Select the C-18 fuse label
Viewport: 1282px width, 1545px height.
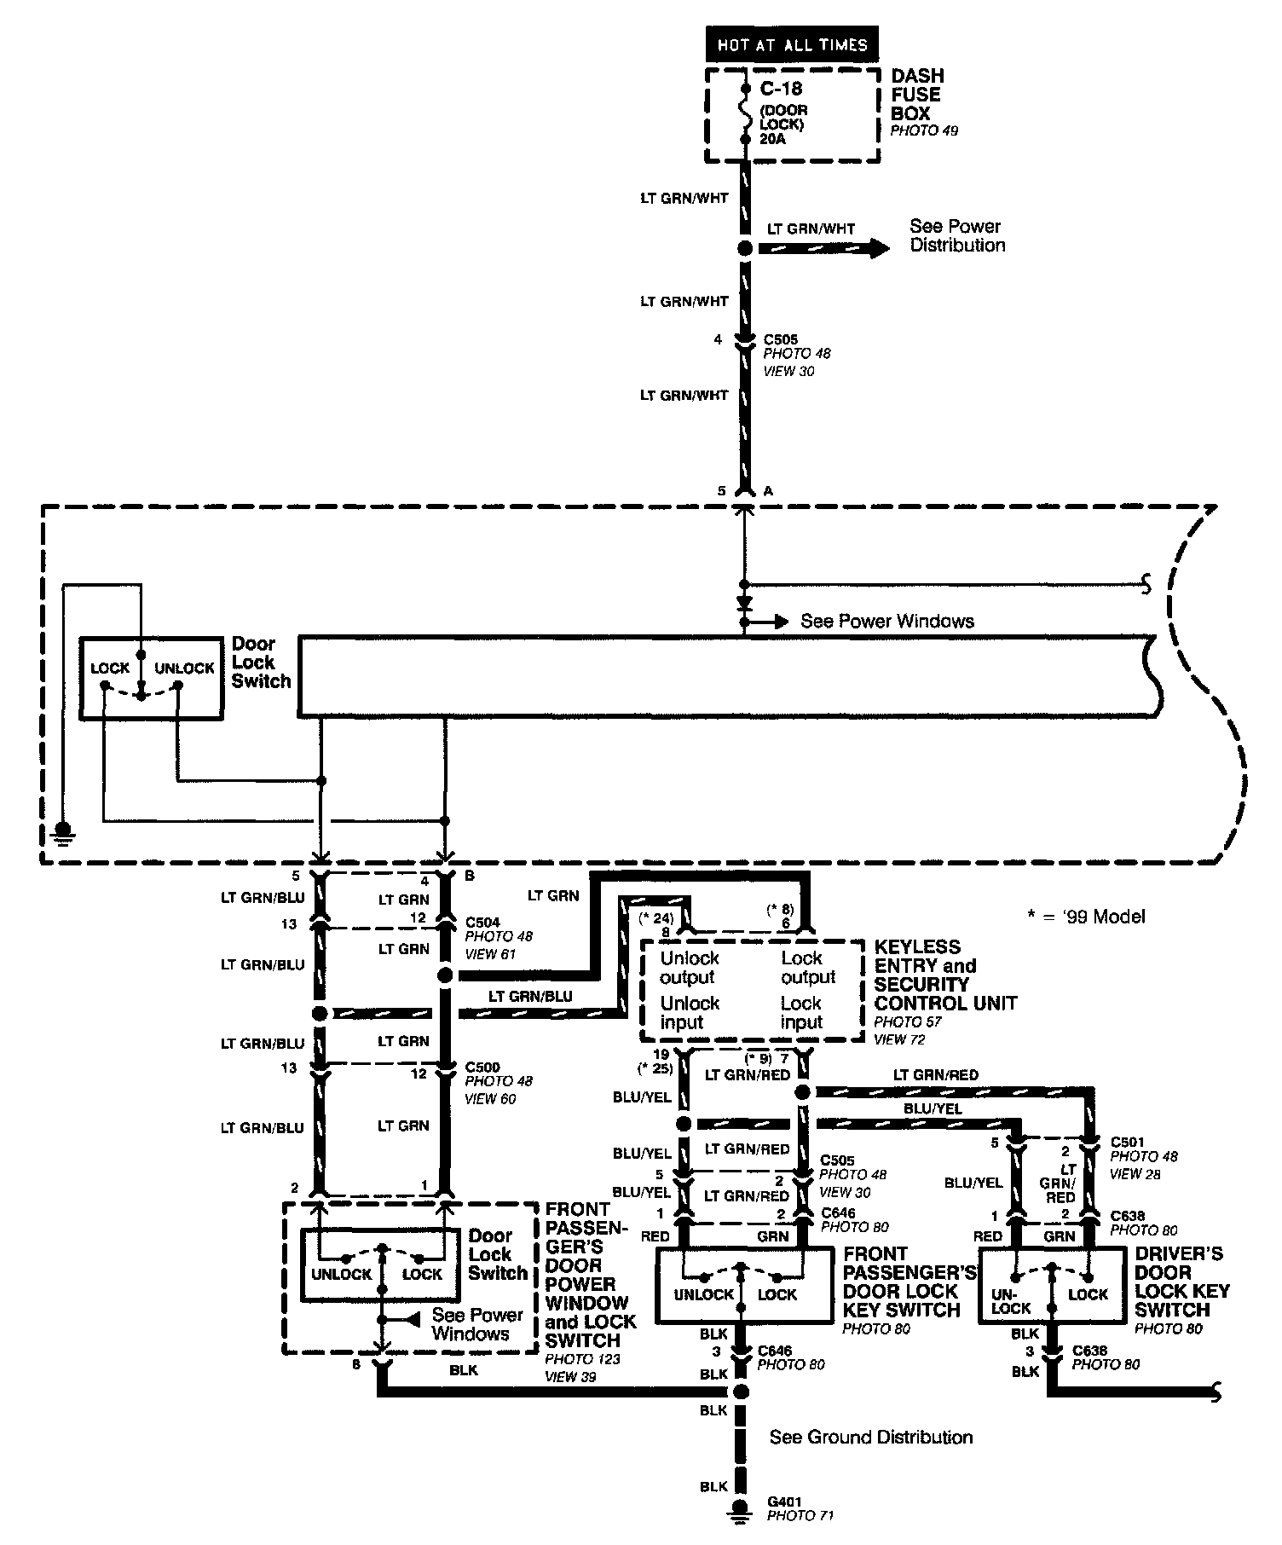(x=780, y=89)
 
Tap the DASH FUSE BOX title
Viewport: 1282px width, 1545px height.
(x=917, y=95)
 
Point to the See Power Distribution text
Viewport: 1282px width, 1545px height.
(x=956, y=236)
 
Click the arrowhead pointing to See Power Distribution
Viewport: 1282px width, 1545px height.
(x=878, y=248)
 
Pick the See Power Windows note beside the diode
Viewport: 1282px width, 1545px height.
(x=886, y=622)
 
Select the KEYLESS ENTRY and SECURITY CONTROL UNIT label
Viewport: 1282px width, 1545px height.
(x=945, y=975)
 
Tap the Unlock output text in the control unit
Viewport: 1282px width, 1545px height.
(x=689, y=968)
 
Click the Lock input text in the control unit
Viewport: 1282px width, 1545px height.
(x=801, y=1013)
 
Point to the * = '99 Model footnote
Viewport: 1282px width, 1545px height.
(x=1086, y=917)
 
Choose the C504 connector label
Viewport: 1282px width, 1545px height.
(x=482, y=923)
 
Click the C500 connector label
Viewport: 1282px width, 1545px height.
(x=482, y=1068)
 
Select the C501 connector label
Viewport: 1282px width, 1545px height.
(x=1127, y=1142)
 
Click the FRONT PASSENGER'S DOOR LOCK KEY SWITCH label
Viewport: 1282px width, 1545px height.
(x=909, y=1282)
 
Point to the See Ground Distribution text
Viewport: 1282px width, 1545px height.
(x=870, y=1438)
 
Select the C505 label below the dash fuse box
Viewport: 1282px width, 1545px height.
(x=780, y=339)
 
